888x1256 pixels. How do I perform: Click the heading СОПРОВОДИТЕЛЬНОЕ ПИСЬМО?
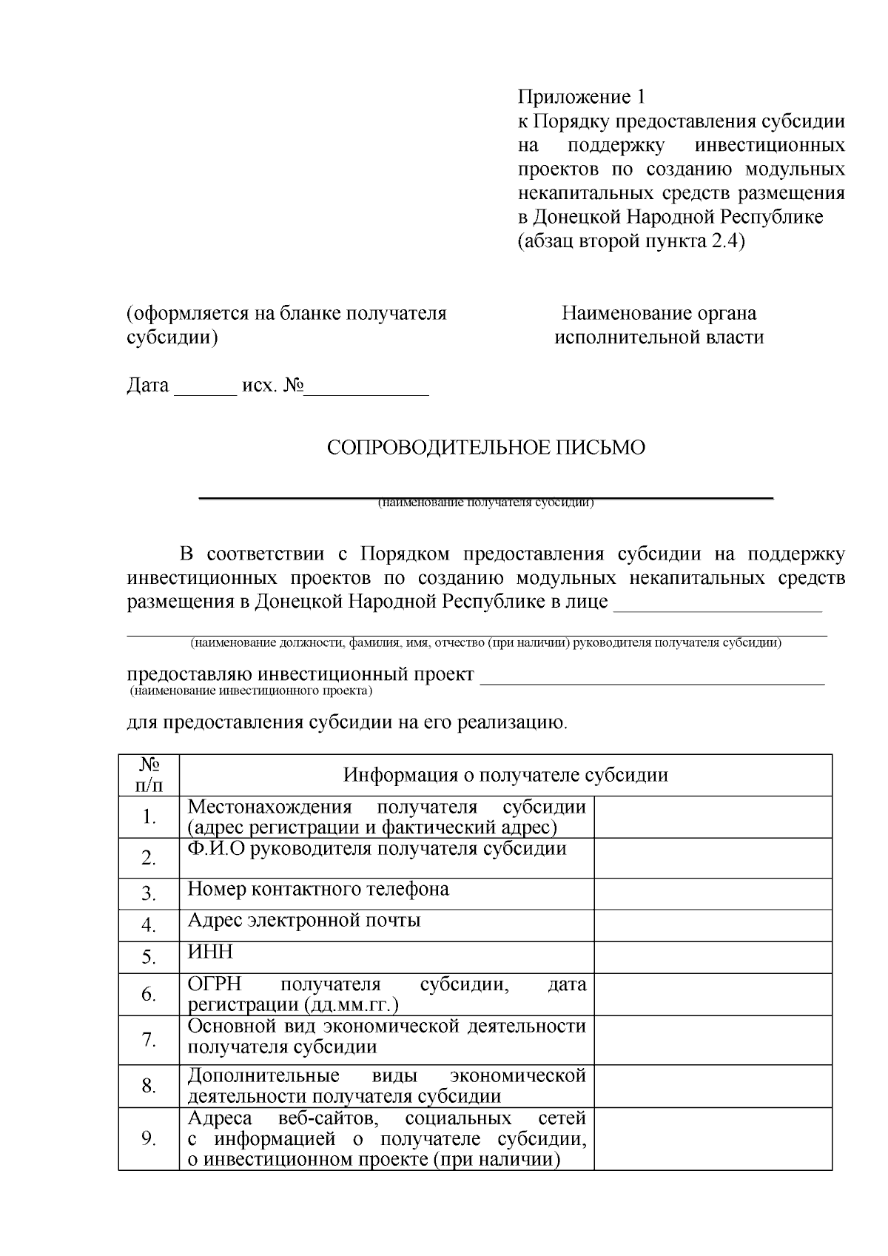click(x=486, y=448)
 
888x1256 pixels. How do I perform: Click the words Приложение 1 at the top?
click(x=581, y=97)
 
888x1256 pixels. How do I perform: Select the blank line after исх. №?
click(x=367, y=393)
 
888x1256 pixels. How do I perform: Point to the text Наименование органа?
click(x=659, y=313)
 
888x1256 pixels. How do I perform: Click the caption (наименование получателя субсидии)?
click(x=486, y=503)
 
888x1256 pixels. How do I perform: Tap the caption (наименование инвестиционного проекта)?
click(x=250, y=691)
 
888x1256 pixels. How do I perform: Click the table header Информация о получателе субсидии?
click(x=505, y=775)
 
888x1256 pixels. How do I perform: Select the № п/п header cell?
click(x=149, y=775)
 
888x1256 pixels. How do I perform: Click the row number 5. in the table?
click(x=149, y=958)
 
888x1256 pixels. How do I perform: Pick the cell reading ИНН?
click(x=210, y=951)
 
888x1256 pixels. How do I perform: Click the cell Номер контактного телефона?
click(x=318, y=889)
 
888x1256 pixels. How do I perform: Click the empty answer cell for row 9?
click(x=713, y=1138)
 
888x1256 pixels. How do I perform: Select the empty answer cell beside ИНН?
click(x=713, y=957)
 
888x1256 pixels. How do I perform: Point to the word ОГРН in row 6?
click(x=215, y=984)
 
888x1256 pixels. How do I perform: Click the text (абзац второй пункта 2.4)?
click(x=630, y=242)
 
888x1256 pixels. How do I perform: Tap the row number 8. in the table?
click(x=149, y=1086)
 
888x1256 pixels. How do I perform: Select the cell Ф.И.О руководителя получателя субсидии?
click(x=377, y=849)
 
